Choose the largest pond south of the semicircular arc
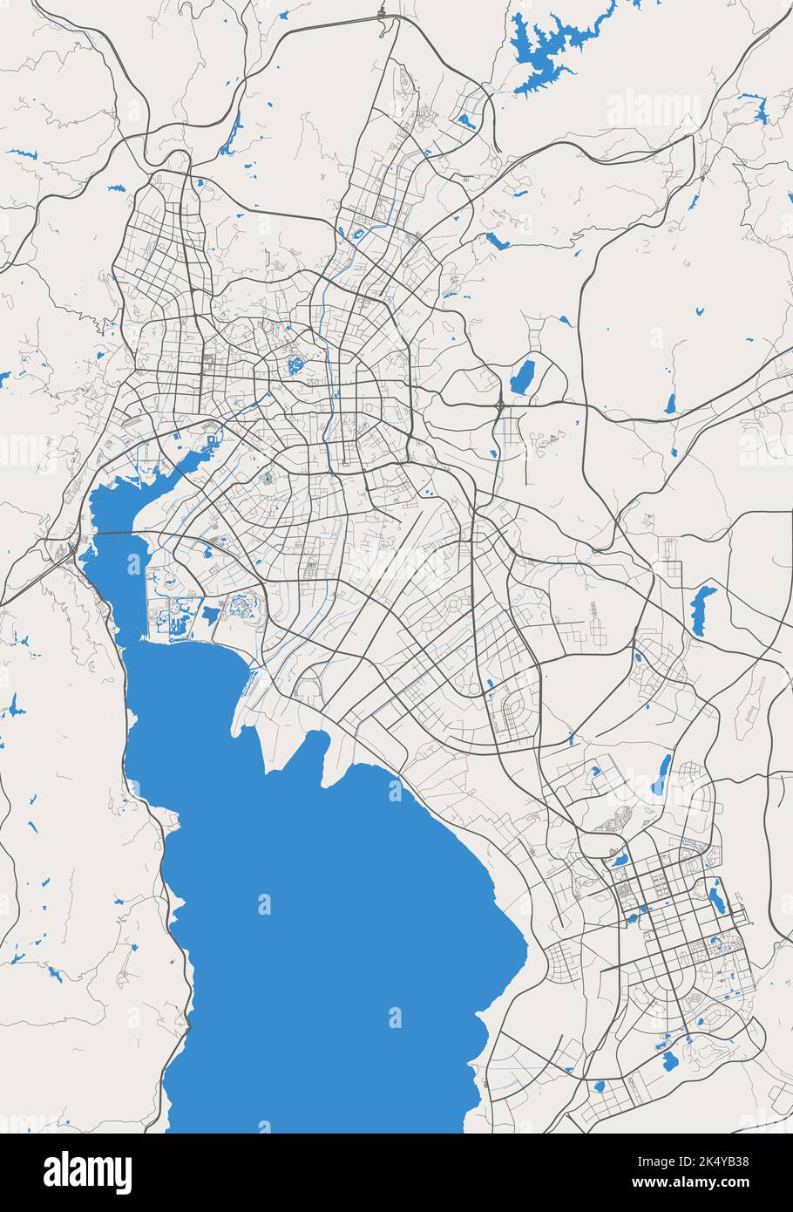[x=669, y=1060]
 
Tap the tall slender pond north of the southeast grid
[x=664, y=772]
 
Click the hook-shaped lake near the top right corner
[x=761, y=109]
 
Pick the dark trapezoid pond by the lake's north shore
[x=209, y=614]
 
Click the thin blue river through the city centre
[x=328, y=384]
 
